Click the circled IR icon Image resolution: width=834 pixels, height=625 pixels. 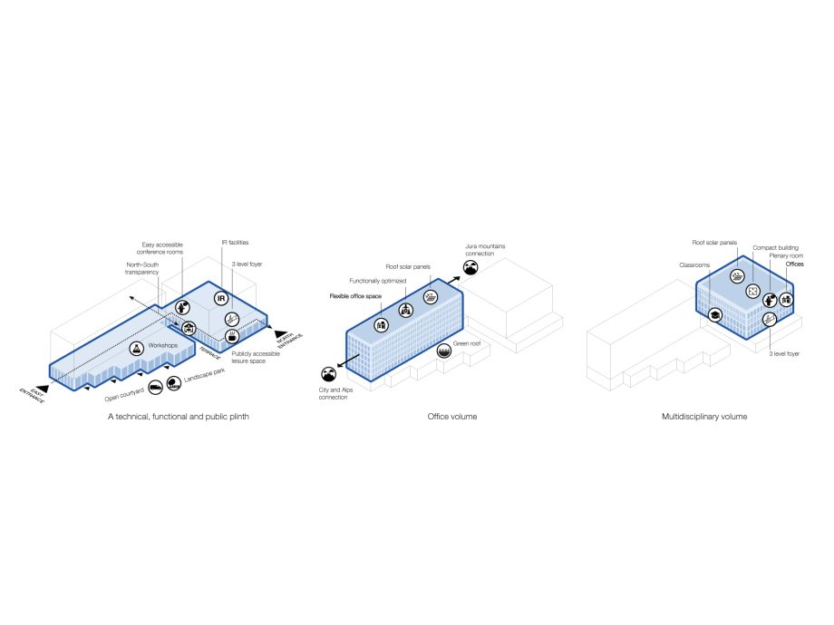click(x=220, y=298)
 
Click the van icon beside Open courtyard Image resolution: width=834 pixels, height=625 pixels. click(x=155, y=386)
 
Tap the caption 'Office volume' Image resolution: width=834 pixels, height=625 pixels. click(x=451, y=417)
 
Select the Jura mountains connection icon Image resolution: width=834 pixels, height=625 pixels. click(x=470, y=267)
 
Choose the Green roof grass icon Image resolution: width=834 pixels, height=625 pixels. click(x=443, y=350)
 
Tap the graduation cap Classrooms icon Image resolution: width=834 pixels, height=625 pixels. click(x=715, y=314)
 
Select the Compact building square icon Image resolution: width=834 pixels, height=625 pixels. click(x=752, y=291)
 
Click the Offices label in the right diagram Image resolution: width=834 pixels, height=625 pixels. click(x=794, y=264)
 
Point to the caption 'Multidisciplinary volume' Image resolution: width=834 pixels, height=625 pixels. click(x=704, y=417)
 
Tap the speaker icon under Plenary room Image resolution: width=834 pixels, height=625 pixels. click(x=771, y=300)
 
